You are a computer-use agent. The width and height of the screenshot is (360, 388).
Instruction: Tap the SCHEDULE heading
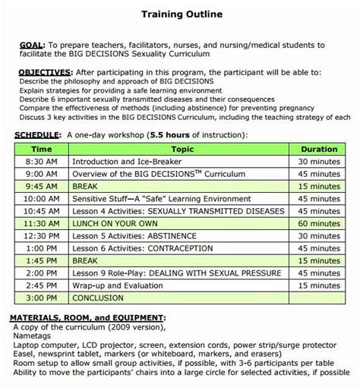point(39,134)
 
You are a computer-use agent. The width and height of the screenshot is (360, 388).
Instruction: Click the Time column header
point(41,150)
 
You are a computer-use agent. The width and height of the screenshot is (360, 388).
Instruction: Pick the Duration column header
point(318,150)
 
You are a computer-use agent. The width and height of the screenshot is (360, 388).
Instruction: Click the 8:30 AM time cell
point(41,162)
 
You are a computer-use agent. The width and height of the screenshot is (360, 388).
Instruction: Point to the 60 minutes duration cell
point(318,226)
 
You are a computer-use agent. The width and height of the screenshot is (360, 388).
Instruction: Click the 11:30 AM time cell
point(41,226)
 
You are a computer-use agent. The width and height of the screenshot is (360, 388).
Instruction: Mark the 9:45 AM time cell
point(41,187)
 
